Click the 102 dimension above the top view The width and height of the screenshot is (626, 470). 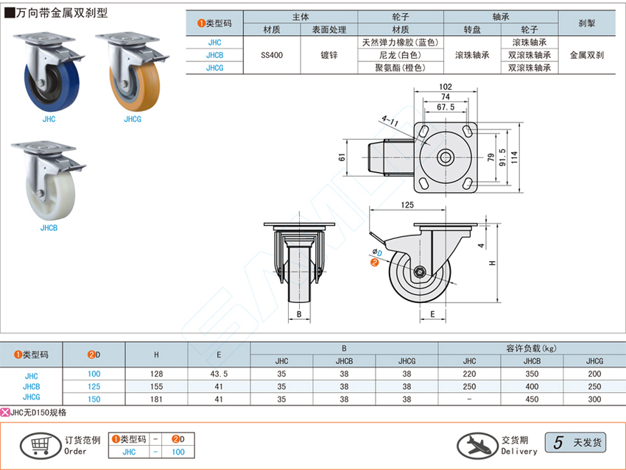[x=445, y=87]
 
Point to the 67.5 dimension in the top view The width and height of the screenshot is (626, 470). [x=445, y=107]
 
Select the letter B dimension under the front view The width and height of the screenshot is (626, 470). [x=298, y=314]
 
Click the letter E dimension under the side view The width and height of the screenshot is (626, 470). [x=432, y=314]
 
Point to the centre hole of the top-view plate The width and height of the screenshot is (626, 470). [x=446, y=157]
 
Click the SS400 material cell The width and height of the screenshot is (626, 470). [x=271, y=54]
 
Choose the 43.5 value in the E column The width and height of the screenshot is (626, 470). [x=219, y=374]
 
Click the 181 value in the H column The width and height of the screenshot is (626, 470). [x=156, y=399]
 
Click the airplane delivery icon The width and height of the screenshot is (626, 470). [x=476, y=444]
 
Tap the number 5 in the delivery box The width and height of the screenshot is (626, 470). [x=558, y=442]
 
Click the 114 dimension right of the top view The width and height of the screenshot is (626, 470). [x=515, y=157]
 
